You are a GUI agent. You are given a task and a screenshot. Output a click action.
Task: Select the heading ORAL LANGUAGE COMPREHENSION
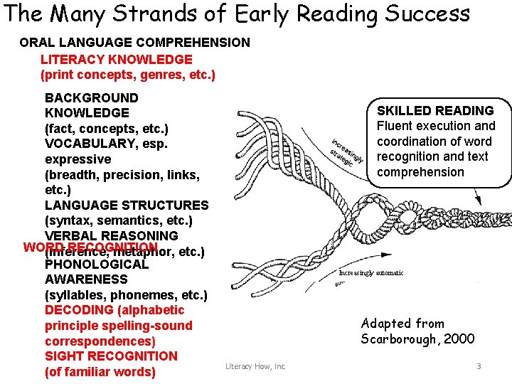pos(134,43)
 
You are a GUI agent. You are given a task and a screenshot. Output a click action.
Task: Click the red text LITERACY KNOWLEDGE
pos(116,59)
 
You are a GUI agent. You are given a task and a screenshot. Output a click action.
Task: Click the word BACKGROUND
pos(91,97)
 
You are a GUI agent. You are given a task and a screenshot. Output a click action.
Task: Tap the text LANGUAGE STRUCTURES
pos(127,205)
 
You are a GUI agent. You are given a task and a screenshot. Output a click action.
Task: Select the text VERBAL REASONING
pos(111,235)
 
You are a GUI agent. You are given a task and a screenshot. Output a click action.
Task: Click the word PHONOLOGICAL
pos(97,265)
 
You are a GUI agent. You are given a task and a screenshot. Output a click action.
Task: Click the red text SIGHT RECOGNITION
pos(111,356)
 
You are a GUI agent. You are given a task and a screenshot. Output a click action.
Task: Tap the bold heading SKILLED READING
pos(435,110)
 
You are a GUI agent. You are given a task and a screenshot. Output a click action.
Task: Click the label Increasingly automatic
pos(371,272)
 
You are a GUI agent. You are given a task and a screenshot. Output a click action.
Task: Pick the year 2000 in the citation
pos(459,339)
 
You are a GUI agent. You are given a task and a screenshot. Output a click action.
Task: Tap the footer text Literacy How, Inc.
pos(255,366)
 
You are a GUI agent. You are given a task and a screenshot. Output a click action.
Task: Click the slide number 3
pos(479,366)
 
